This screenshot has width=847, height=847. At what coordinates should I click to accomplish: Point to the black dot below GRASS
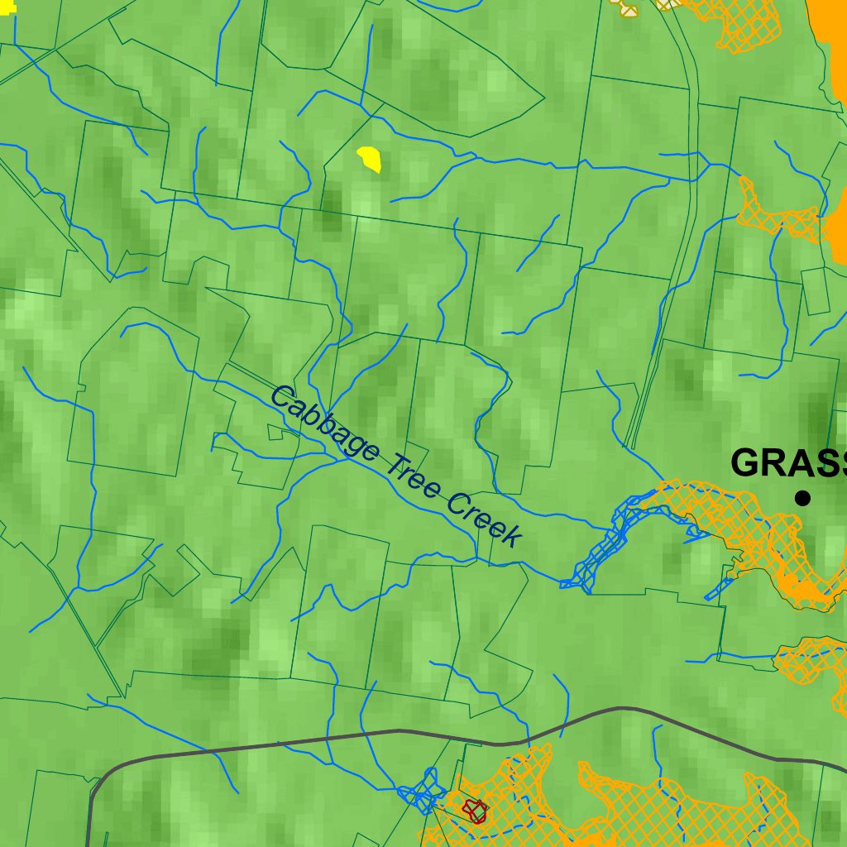802,497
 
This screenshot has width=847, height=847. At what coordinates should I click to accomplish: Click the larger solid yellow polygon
369,157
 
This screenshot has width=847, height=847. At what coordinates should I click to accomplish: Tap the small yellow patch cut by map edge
6,7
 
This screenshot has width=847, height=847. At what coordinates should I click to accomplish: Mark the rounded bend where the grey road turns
103,773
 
